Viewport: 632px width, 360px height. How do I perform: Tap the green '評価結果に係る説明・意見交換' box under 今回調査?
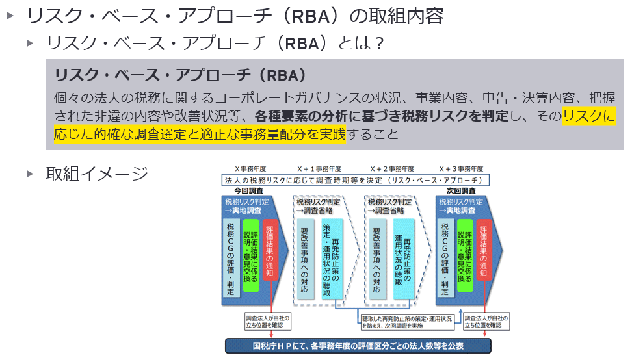pos(250,256)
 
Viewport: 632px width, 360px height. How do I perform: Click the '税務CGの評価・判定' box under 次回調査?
pos(445,258)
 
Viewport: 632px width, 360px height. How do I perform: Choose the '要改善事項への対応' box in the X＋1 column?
pos(304,259)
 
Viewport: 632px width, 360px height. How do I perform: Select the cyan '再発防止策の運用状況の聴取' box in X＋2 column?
pos(403,259)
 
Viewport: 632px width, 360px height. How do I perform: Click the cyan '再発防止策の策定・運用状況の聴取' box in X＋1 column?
pos(331,259)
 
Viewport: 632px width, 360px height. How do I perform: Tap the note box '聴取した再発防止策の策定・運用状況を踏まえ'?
pos(411,321)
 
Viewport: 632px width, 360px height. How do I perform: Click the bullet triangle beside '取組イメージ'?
pos(30,174)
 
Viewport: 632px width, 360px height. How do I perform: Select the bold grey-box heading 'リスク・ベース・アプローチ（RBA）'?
pos(181,74)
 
